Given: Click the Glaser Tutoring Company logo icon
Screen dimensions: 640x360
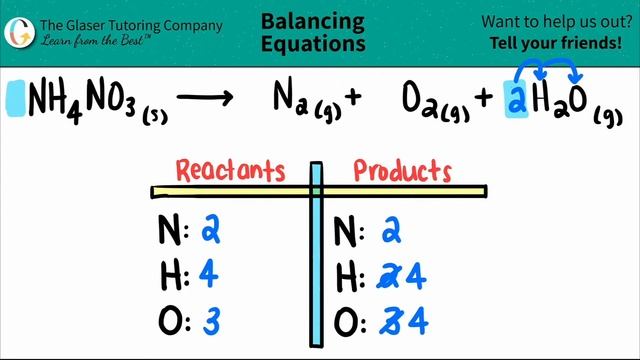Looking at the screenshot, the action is (x=17, y=29).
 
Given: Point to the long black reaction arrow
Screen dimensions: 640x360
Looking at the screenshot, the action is (x=204, y=97).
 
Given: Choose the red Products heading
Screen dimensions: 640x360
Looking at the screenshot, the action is (x=402, y=170).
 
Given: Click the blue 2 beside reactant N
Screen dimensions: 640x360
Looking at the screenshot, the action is (x=211, y=230).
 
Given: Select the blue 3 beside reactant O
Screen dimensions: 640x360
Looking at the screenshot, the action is (x=210, y=322).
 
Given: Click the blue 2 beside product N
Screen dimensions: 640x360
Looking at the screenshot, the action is (x=391, y=231).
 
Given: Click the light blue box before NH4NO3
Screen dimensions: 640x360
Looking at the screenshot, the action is (x=16, y=97).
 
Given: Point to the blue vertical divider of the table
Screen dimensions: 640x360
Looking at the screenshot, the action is (x=316, y=260).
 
